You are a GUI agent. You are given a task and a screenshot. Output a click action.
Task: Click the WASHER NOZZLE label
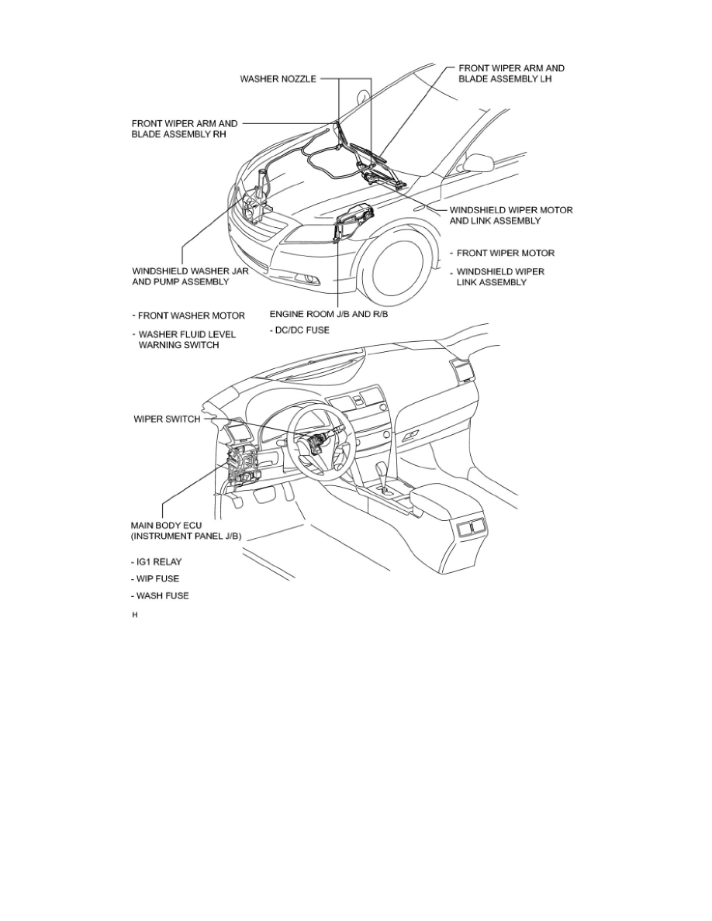(x=277, y=79)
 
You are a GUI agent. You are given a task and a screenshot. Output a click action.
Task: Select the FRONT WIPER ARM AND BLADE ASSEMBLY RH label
(x=185, y=128)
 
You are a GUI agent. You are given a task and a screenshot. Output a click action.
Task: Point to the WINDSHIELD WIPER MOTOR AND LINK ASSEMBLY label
(x=511, y=215)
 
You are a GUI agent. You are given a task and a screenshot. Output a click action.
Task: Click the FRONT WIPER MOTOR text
(x=505, y=254)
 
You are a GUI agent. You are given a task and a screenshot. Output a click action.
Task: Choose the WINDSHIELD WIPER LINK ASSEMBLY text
(x=500, y=277)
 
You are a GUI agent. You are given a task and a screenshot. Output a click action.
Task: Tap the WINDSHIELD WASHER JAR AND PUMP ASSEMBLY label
(x=181, y=277)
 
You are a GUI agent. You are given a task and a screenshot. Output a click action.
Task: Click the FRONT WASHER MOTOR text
(x=192, y=316)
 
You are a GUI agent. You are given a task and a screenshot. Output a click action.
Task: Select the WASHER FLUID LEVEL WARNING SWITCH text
(x=186, y=340)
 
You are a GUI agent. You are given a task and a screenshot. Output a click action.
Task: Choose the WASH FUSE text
(x=161, y=595)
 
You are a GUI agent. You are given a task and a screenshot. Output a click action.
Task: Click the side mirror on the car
(x=479, y=162)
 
